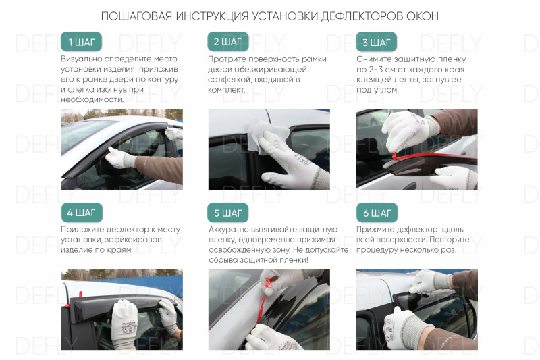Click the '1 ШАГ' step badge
[x=80, y=42]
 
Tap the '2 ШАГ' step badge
[x=227, y=42]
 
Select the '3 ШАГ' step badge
[x=376, y=43]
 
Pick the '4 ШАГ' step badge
[x=80, y=213]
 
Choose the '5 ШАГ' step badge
[x=227, y=213]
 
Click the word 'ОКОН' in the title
[x=423, y=16]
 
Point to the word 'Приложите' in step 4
[x=83, y=230]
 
